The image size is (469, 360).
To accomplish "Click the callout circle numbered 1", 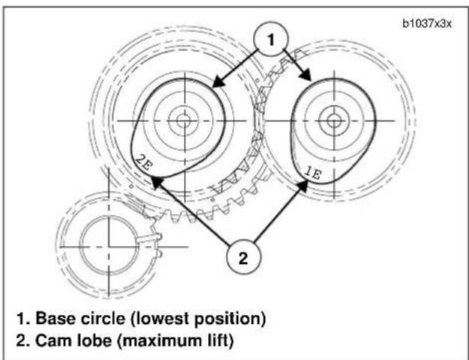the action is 270,39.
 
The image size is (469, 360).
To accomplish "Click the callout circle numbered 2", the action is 243,257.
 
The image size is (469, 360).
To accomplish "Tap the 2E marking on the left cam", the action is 144,162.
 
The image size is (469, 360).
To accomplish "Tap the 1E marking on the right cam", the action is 312,172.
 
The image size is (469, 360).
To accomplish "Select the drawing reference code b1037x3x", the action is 427,23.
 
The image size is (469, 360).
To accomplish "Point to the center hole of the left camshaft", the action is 184,120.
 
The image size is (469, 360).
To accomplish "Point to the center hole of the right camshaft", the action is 334,121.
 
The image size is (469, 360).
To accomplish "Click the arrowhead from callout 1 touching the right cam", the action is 306,75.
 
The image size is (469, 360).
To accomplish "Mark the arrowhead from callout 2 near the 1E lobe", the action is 303,185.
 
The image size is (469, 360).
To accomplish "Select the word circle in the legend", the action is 103,319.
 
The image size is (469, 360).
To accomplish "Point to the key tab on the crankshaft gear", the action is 151,238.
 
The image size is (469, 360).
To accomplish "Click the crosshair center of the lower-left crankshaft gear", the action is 109,247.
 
